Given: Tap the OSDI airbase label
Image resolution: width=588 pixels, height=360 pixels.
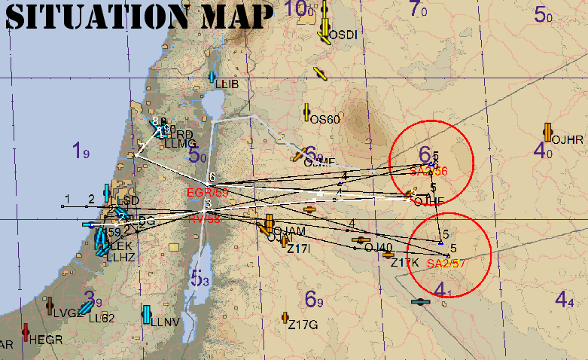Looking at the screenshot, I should (343, 35).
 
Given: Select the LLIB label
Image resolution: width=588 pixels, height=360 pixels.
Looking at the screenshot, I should (227, 84).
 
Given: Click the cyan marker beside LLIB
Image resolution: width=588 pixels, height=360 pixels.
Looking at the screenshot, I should (213, 78).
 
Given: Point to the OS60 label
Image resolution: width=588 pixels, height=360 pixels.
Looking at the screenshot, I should (325, 119).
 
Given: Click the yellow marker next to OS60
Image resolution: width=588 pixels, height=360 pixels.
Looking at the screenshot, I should (306, 113).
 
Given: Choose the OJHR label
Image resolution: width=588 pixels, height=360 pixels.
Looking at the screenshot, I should (568, 139).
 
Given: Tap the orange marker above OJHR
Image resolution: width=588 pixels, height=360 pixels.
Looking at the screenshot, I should (547, 130).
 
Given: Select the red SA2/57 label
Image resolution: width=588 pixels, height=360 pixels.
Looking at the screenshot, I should (446, 264).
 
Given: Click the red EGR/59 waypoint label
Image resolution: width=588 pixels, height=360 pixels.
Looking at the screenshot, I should (207, 193).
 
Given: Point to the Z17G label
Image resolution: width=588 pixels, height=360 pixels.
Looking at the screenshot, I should (303, 325).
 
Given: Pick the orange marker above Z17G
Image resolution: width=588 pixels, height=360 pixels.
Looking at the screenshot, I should (285, 317).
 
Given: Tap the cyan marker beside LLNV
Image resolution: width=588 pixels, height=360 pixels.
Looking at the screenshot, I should (147, 314).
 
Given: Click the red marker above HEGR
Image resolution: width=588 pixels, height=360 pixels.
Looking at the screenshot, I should (26, 331).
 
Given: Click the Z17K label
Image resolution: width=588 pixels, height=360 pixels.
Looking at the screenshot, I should (404, 262).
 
